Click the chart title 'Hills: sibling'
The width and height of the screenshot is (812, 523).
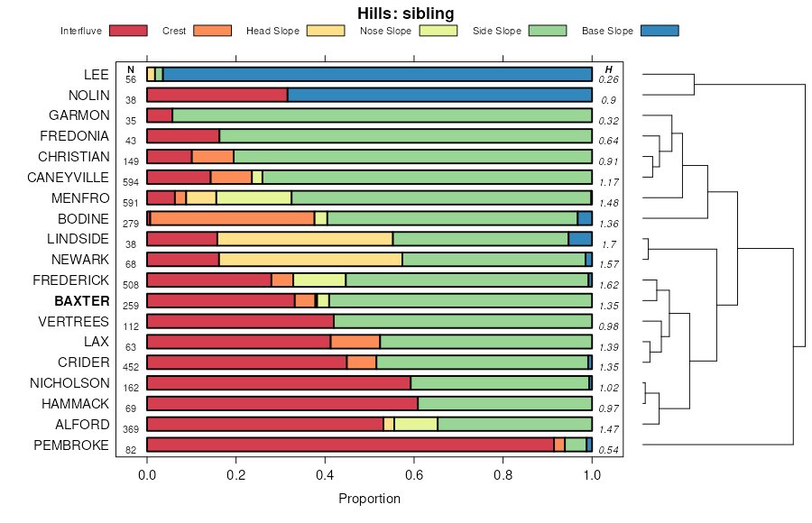[x=406, y=14]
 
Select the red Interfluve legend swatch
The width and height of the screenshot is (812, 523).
[x=127, y=31]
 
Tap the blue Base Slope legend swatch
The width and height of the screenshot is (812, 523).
[x=660, y=31]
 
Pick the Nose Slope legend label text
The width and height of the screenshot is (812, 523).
[x=385, y=31]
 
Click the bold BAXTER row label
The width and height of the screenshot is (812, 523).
[x=81, y=300]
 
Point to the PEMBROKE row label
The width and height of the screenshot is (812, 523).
[x=71, y=445]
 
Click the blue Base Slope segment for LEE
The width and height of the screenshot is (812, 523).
[x=377, y=74]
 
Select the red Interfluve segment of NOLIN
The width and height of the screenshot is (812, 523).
[x=217, y=95]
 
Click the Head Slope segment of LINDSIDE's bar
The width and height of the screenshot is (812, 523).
[x=305, y=239]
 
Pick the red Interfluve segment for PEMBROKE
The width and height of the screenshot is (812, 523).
[x=350, y=445]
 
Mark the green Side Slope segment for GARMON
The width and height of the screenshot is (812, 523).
[x=382, y=115]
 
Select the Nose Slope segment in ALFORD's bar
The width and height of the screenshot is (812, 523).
[x=416, y=424]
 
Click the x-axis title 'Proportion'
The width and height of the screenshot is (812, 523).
[x=369, y=499]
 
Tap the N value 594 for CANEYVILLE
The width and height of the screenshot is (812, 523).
[x=131, y=182]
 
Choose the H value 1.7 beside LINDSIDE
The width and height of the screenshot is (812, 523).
[x=609, y=244]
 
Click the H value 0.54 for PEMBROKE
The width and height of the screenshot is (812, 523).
[x=609, y=450]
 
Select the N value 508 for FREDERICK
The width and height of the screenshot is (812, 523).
[x=131, y=285]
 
